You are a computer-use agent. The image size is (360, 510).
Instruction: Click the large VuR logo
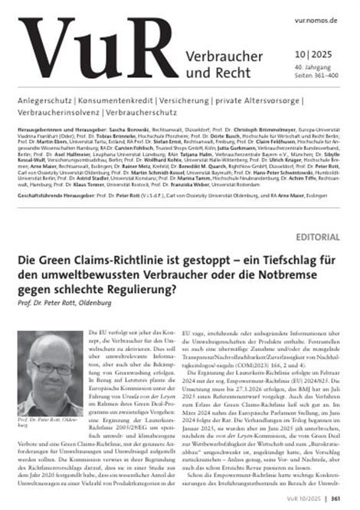tap(92, 57)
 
